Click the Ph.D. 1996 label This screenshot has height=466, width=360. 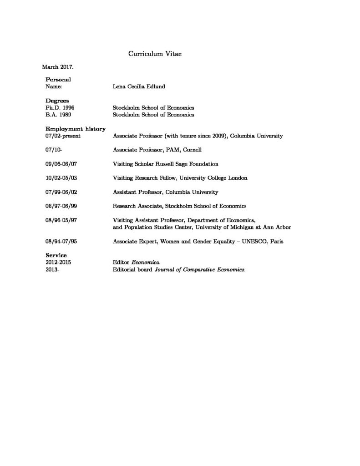coord(60,107)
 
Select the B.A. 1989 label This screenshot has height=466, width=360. coord(59,115)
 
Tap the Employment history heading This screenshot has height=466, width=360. coord(76,129)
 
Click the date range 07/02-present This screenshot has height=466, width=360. coord(63,136)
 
